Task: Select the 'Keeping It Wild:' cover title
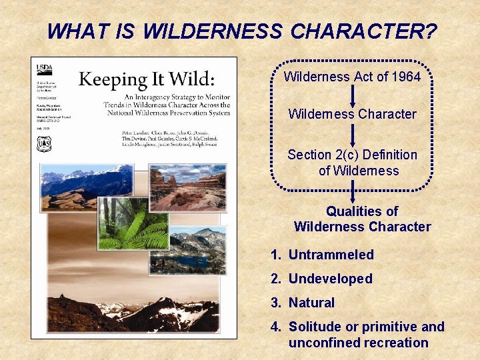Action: pos(147,80)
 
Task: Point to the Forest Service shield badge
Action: pos(45,143)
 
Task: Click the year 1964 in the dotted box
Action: pos(406,77)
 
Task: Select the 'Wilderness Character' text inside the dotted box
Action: pos(352,114)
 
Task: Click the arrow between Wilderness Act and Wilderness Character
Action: pos(353,95)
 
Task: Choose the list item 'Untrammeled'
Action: pos(331,255)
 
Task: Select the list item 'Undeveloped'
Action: pos(330,279)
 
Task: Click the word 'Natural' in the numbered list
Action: pos(311,303)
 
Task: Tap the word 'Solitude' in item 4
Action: pos(314,327)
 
